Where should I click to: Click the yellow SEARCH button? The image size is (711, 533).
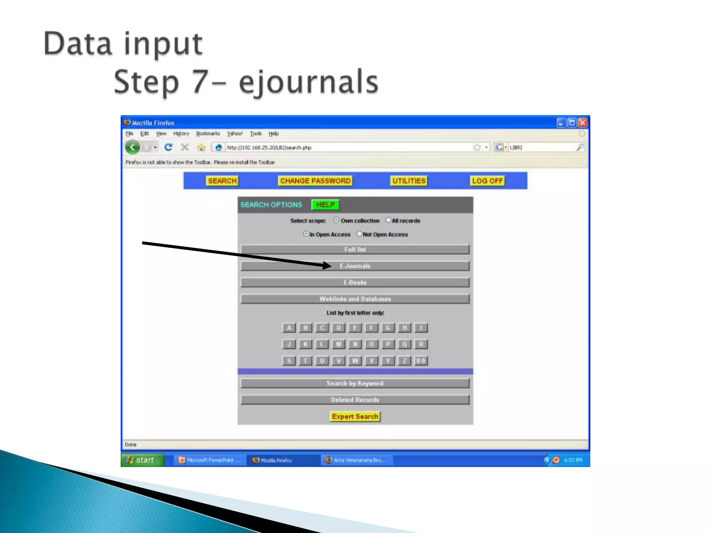coord(222,181)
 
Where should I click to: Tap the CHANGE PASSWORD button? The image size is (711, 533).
coord(315,181)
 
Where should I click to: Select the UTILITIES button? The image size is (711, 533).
coord(409,181)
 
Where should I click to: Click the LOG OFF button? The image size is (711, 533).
coord(487,181)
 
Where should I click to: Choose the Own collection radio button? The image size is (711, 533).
coord(336,220)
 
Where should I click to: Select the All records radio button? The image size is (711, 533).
coord(388,220)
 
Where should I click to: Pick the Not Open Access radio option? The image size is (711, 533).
coord(359,234)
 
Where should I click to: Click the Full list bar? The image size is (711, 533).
coord(355,249)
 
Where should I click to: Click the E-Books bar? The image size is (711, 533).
coord(355,282)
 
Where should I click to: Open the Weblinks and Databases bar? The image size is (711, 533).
coord(355,299)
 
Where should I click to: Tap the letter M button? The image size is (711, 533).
coord(338,344)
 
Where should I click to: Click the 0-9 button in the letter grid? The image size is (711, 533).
coord(421,361)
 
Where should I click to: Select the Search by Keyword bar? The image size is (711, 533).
coord(355,383)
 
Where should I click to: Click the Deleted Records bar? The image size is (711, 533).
coord(355,400)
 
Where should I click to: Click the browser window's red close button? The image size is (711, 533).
coord(583,123)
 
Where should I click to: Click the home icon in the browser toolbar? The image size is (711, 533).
coord(201,147)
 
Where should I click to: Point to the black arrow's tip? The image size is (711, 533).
coord(331,266)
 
